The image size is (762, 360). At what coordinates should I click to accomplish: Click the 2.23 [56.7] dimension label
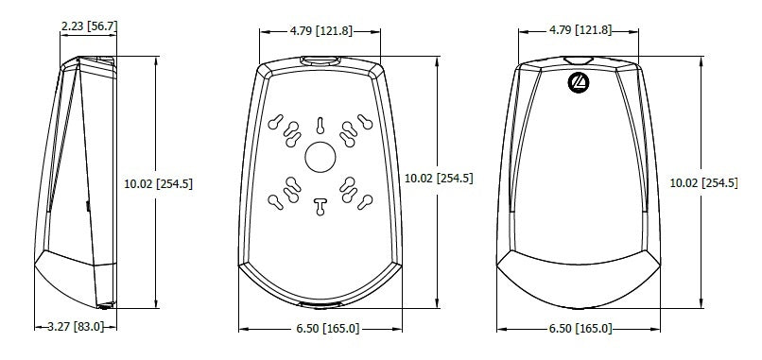(x=90, y=26)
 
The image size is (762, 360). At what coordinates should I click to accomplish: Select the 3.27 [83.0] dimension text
(x=76, y=327)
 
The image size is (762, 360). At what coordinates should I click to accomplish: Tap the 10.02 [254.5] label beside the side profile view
(x=159, y=183)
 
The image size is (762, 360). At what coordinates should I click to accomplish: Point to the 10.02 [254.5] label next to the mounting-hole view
(x=439, y=179)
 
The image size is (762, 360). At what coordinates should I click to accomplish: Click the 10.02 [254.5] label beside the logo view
(x=703, y=183)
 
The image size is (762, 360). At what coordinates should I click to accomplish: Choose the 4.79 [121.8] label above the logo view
(x=580, y=30)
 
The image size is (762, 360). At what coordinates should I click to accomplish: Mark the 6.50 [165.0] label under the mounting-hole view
(x=328, y=329)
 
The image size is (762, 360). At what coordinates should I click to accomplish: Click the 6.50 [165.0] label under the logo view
(x=580, y=329)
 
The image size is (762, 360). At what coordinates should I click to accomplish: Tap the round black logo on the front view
(x=579, y=82)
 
